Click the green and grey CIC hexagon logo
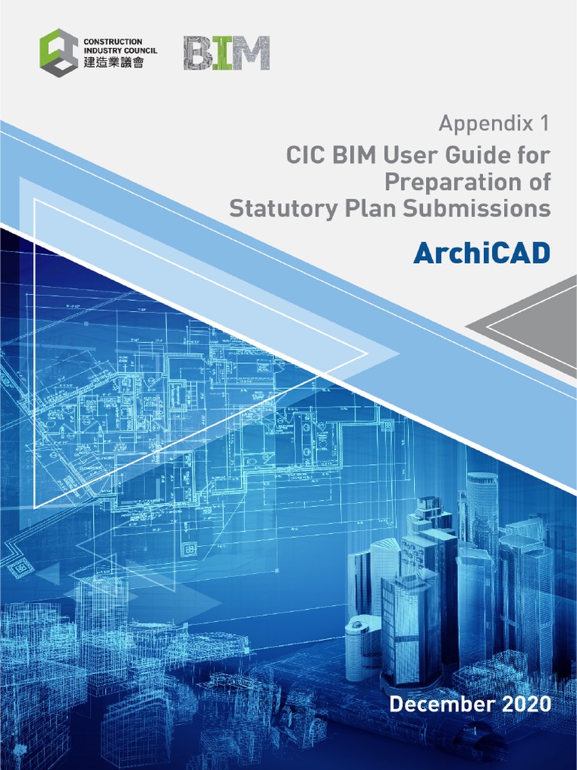59,52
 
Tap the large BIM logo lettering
226,53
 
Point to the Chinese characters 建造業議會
111,63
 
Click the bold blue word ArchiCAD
482,253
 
